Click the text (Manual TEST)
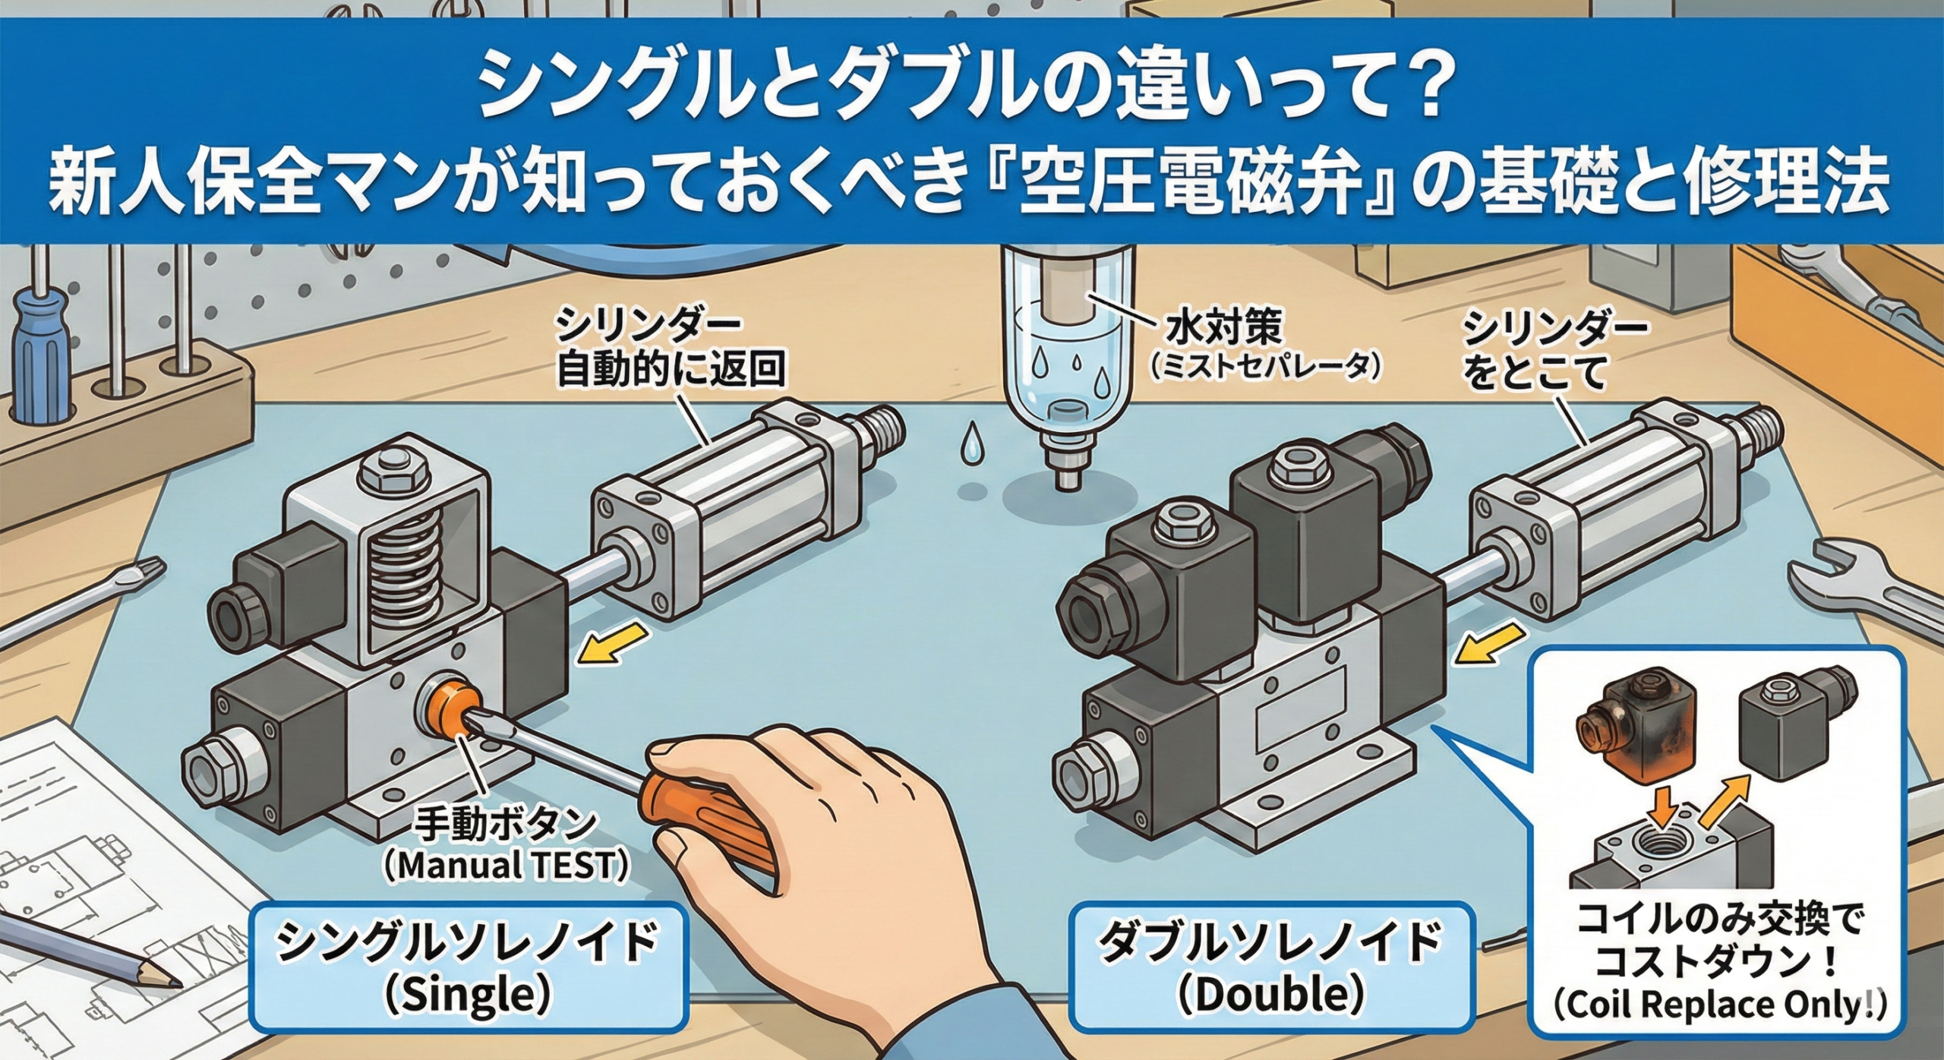tap(507, 866)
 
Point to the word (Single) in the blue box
tap(468, 995)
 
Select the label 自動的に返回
tap(670, 370)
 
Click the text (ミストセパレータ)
tap(1263, 368)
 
